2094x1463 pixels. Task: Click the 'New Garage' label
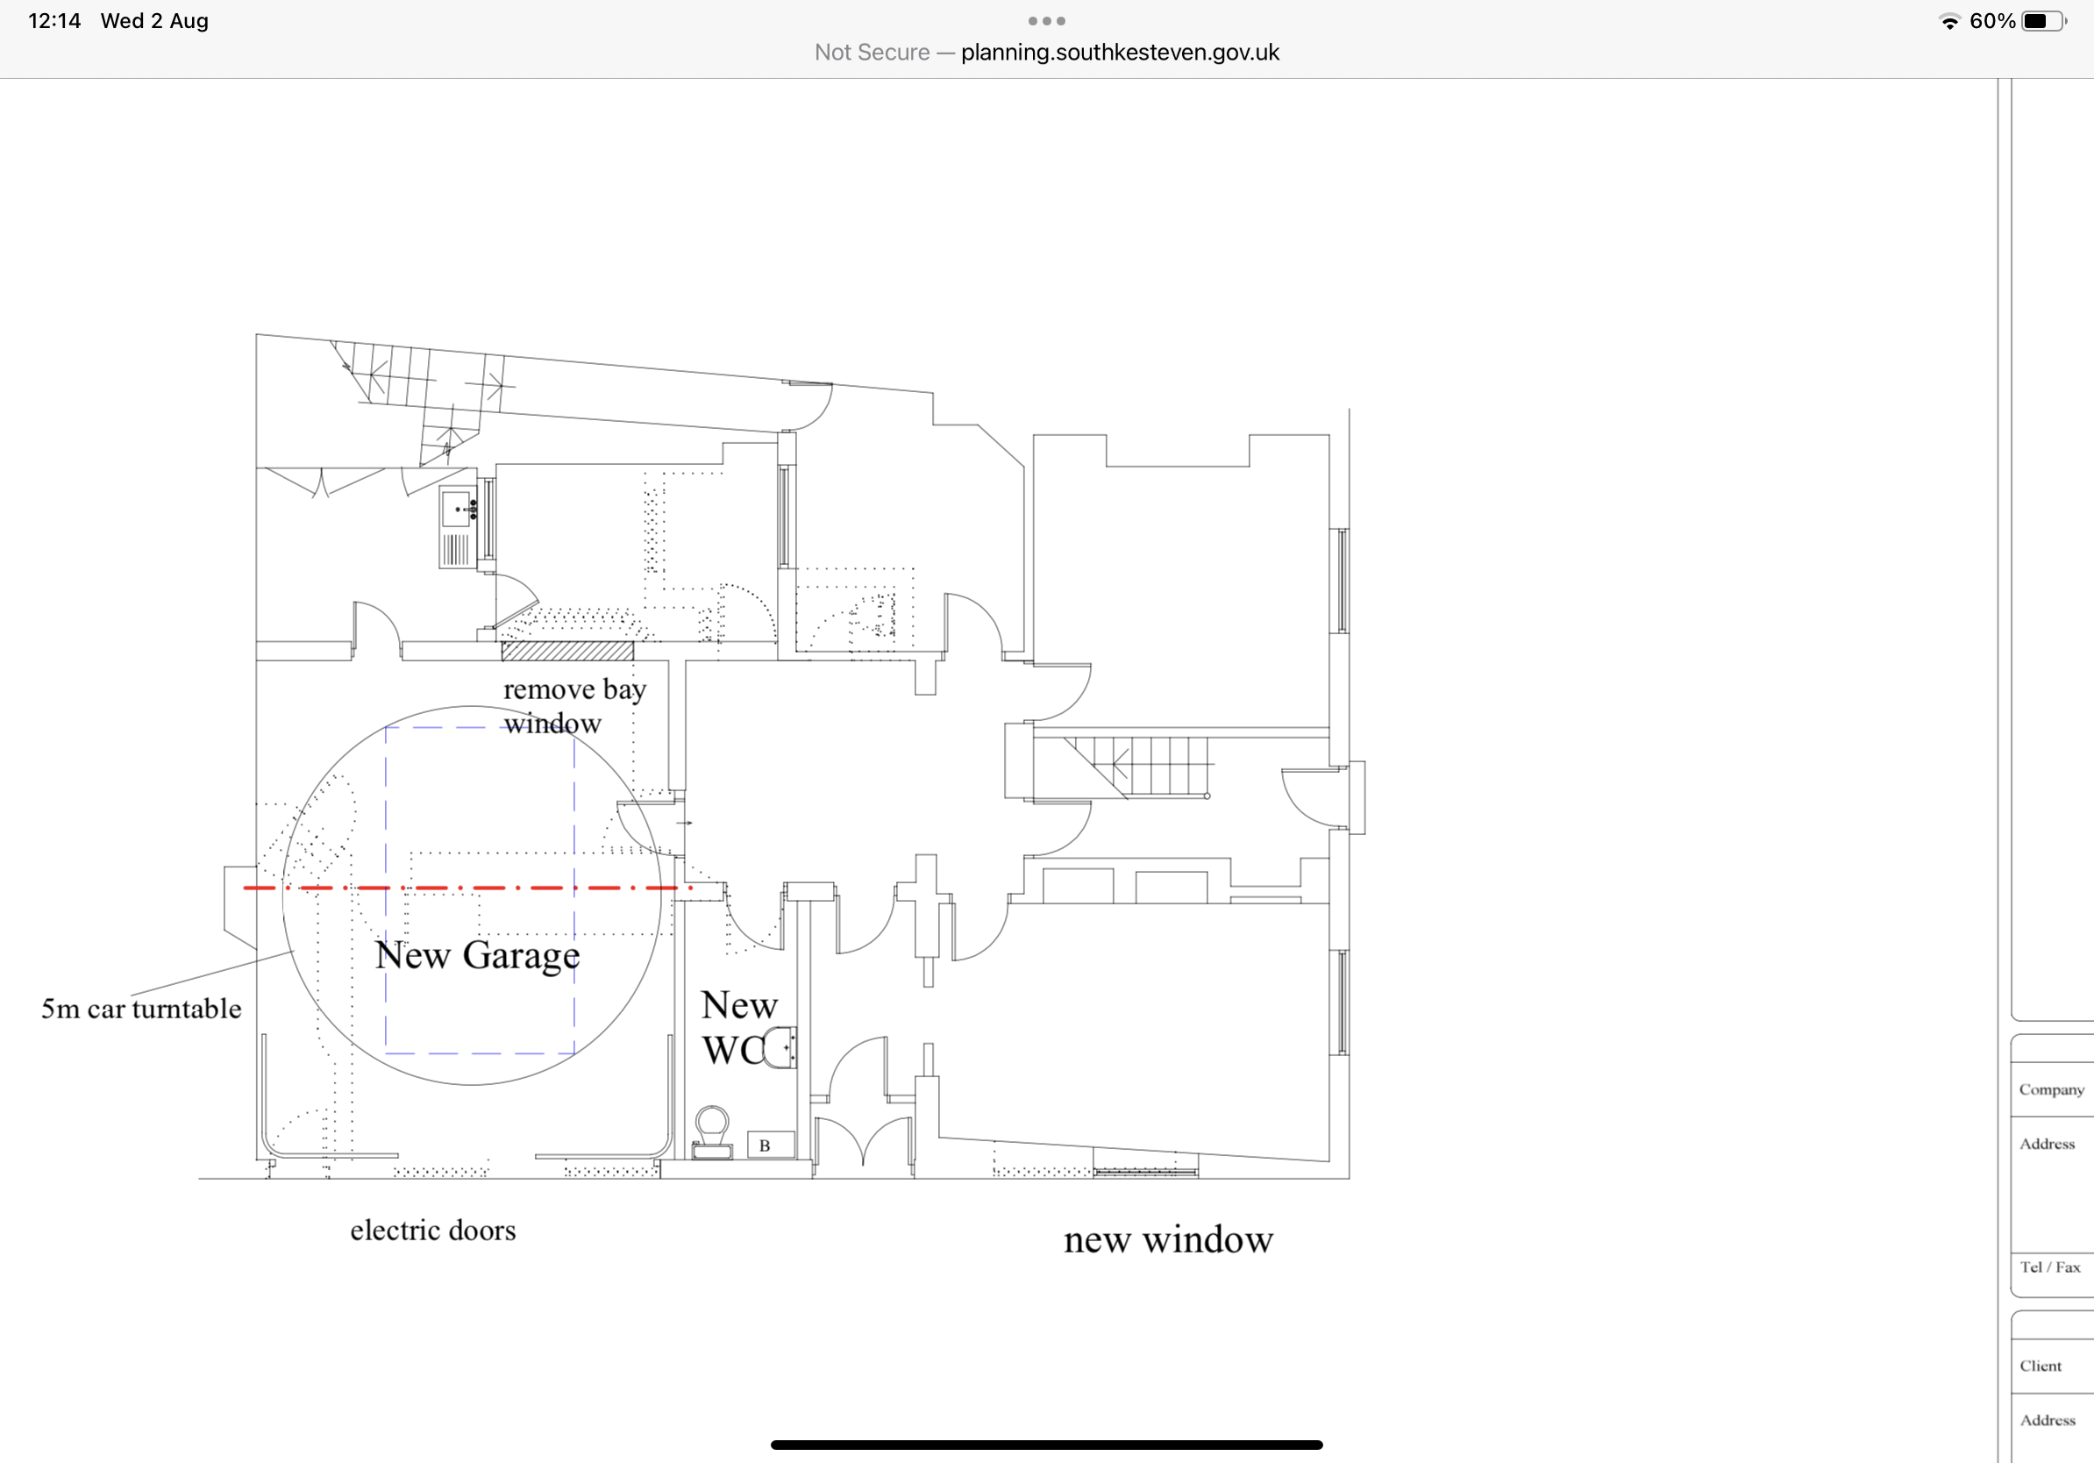(x=477, y=956)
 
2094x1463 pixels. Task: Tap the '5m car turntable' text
(x=141, y=1009)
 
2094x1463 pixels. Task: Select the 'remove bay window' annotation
(x=574, y=707)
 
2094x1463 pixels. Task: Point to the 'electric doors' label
(x=433, y=1231)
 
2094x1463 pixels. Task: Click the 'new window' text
(x=1168, y=1239)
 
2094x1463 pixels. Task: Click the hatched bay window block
(x=567, y=650)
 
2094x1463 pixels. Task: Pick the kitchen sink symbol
(x=458, y=527)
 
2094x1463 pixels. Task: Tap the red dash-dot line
(x=468, y=888)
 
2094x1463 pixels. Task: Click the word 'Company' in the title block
(x=2051, y=1090)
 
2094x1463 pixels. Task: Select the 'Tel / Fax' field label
(x=2050, y=1267)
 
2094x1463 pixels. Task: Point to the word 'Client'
(x=2041, y=1367)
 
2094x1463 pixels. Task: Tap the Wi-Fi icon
(x=1950, y=22)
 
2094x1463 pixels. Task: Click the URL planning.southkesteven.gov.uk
(x=1120, y=53)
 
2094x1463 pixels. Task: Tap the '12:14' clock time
(x=54, y=21)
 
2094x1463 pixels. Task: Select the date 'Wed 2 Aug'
(x=154, y=21)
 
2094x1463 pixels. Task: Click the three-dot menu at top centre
(x=1047, y=21)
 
